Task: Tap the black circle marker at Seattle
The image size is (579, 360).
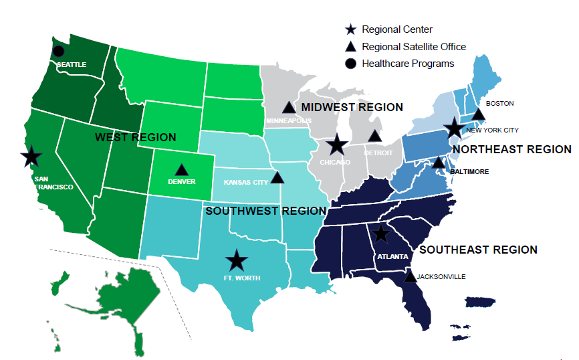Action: click(x=59, y=51)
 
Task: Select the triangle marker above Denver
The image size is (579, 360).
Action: click(x=181, y=170)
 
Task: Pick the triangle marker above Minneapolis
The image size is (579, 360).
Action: click(x=288, y=107)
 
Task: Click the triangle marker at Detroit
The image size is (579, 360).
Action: click(x=375, y=136)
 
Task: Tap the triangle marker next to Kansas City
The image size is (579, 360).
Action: click(x=277, y=177)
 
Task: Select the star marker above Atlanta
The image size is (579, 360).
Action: click(x=380, y=233)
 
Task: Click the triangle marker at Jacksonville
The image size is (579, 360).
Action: click(x=410, y=276)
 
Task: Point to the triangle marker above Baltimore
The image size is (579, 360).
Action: click(x=438, y=163)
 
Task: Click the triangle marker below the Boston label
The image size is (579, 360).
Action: click(x=478, y=115)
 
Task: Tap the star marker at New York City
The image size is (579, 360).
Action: click(x=455, y=127)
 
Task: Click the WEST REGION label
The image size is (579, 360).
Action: click(x=136, y=137)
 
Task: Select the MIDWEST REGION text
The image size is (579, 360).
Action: click(x=352, y=107)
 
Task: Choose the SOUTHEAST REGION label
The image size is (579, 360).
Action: click(x=478, y=250)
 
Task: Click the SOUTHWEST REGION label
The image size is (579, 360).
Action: click(x=265, y=211)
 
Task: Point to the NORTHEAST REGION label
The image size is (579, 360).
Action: click(x=512, y=149)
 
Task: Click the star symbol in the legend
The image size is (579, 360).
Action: click(x=350, y=29)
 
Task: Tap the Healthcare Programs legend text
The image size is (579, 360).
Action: click(x=408, y=64)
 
